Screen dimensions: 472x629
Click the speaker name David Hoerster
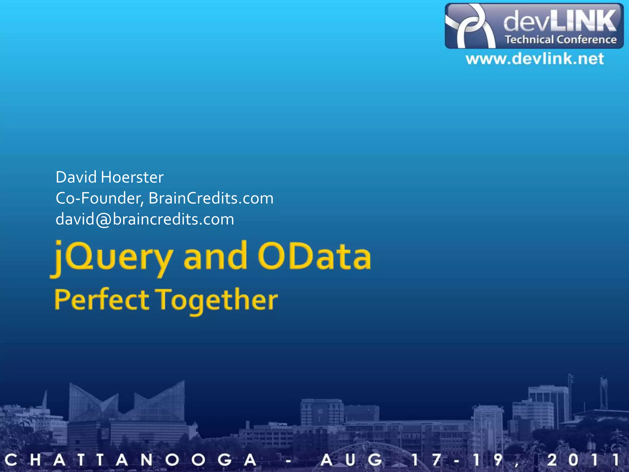[109, 177]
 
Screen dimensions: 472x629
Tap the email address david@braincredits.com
[145, 219]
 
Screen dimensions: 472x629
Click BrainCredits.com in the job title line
[211, 199]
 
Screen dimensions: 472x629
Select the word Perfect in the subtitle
[101, 300]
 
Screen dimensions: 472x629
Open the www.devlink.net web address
[535, 59]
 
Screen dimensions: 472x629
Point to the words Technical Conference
[561, 40]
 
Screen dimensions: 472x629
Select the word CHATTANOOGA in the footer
[131, 460]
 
